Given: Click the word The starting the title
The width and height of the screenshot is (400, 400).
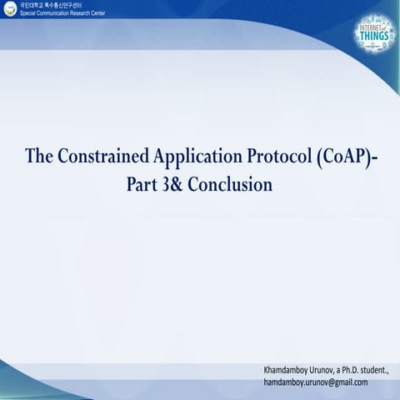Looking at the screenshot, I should pos(39,157).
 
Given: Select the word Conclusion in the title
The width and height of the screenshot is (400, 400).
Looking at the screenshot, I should pos(231,184).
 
